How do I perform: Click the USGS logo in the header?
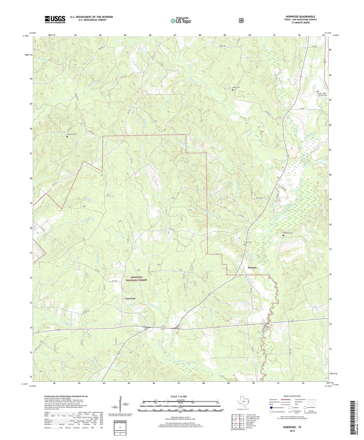coord(55,19)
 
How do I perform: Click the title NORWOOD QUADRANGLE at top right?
coord(300,17)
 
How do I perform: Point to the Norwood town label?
coord(130,299)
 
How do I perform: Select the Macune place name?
coord(252,268)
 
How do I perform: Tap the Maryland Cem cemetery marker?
coord(67,137)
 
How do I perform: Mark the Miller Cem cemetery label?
coord(236,87)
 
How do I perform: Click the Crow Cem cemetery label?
coord(248,242)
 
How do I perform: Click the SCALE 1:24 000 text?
coord(179,396)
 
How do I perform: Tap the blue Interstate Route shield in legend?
coord(271,407)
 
